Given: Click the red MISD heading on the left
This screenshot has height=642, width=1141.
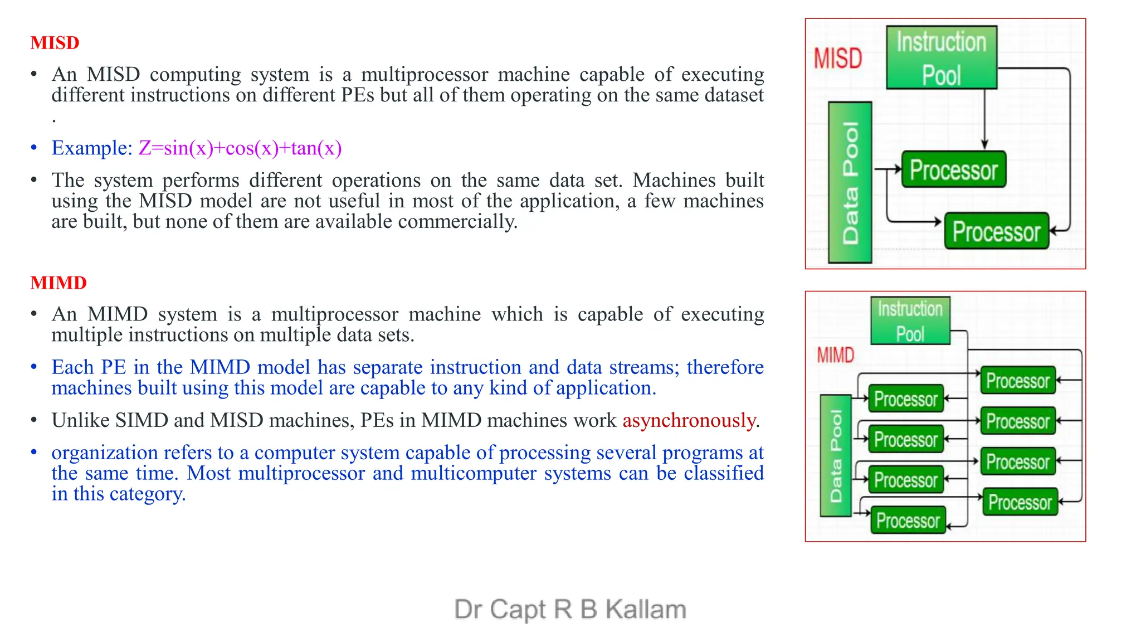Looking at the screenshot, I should (55, 43).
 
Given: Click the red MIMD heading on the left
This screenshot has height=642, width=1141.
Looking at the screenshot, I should (58, 283).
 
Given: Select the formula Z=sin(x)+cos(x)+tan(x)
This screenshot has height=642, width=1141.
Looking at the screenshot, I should (240, 148).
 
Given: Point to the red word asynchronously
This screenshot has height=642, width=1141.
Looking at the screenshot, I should (689, 420).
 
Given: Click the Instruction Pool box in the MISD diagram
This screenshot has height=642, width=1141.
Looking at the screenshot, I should (941, 58).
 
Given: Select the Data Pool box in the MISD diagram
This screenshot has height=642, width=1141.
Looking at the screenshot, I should (850, 182).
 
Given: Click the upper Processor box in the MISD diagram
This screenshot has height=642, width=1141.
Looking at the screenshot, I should (953, 170).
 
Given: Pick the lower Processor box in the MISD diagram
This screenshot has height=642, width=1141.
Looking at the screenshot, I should (996, 231).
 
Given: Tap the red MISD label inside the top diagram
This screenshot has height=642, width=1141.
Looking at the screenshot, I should (837, 59).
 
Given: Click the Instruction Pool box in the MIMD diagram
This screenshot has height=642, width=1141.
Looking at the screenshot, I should (910, 321).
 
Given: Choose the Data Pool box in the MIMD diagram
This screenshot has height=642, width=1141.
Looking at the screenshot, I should (836, 455).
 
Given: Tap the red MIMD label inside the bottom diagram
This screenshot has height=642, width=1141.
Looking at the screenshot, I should (835, 355).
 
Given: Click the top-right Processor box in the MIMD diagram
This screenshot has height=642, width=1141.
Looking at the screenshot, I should (1017, 381).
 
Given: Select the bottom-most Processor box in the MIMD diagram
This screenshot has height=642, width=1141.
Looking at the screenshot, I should (908, 521).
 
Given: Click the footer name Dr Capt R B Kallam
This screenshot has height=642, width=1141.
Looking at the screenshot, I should (570, 609).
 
